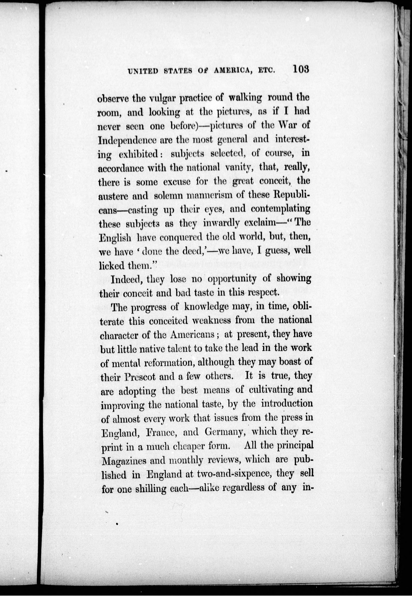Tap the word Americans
[x=192, y=335]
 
